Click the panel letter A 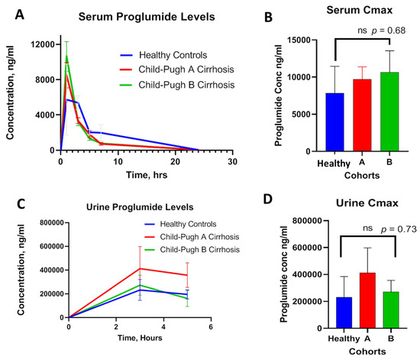[x=14, y=14]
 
